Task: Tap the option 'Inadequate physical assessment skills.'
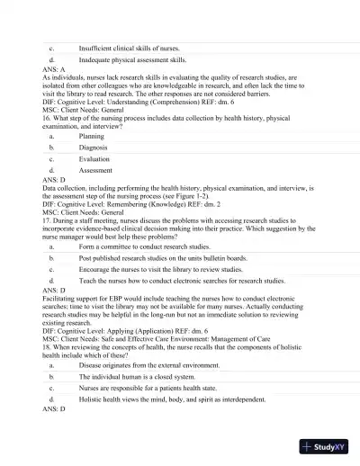132,58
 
